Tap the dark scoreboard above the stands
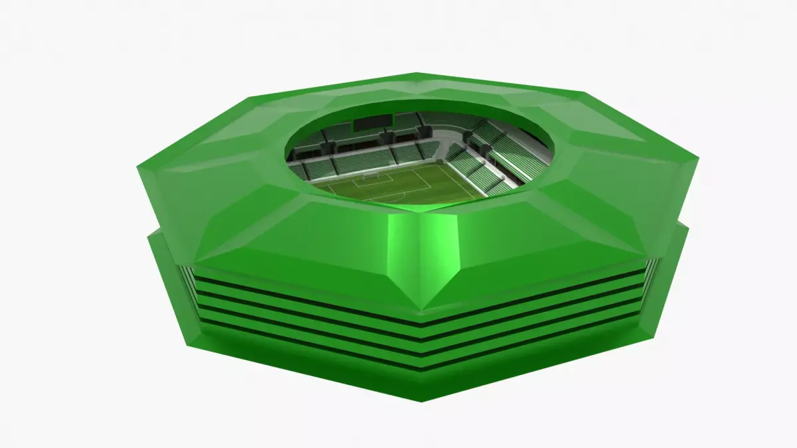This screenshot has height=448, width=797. pyautogui.click(x=373, y=122)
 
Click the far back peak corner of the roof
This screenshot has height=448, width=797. pyautogui.click(x=417, y=74)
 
